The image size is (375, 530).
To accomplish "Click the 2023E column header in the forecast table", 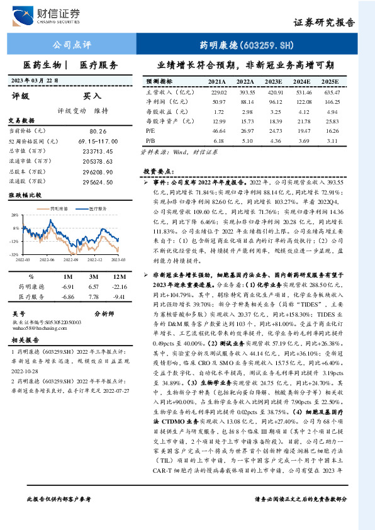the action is [274, 82].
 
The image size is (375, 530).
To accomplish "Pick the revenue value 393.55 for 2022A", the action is [246, 92].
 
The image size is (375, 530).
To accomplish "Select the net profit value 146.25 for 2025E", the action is [332, 101].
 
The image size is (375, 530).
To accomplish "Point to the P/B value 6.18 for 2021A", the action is [218, 140].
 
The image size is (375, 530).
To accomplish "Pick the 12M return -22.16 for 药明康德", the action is [117, 286].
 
